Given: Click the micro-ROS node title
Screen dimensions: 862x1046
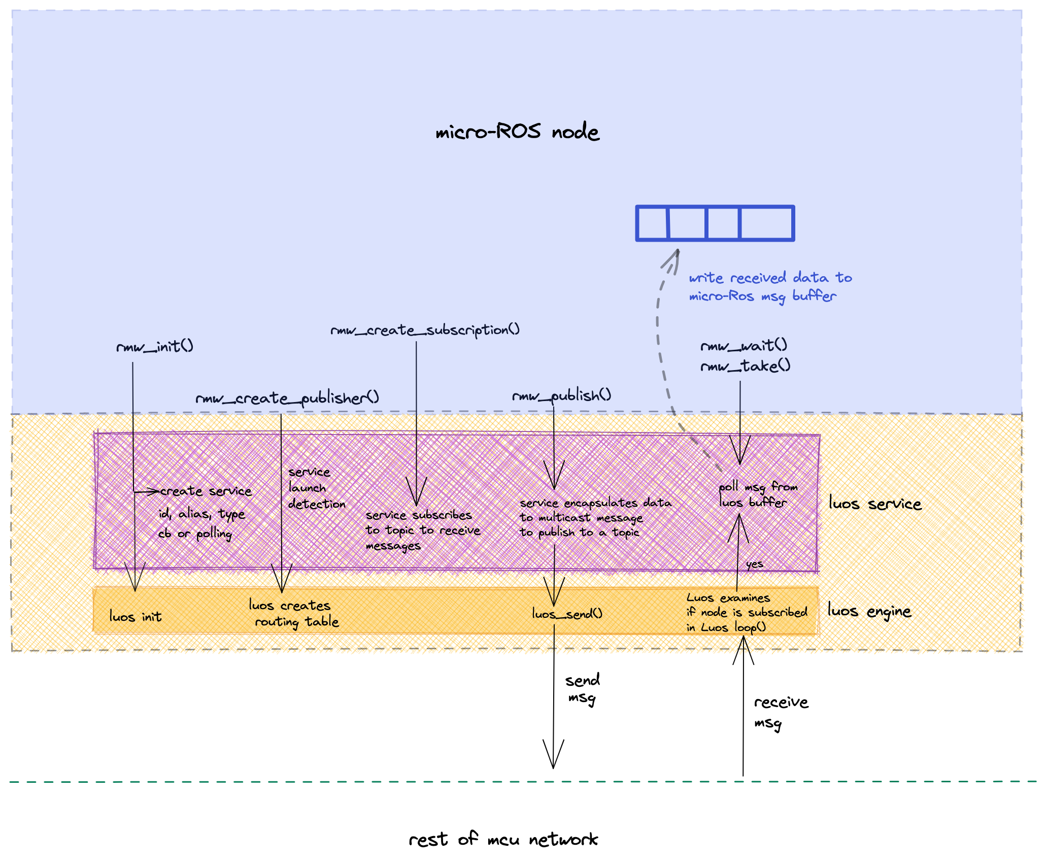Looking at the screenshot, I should (x=517, y=132).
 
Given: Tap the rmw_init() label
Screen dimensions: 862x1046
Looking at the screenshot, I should (x=155, y=347).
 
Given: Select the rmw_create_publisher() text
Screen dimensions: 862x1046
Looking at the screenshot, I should (x=287, y=398).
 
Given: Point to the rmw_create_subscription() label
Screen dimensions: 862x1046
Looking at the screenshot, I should (x=425, y=330).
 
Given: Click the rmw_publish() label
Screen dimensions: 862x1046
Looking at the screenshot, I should (x=561, y=395).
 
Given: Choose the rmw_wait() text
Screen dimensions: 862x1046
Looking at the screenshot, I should (x=744, y=346).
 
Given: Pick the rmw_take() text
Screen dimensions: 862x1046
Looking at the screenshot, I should (x=745, y=366).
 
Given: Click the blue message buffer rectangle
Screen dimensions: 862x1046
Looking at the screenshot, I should (x=715, y=223).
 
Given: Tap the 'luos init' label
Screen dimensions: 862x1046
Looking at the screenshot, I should (x=135, y=617).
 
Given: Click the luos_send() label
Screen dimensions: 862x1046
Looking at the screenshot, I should (x=567, y=614).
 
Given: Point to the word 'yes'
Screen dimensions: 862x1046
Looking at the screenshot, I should (x=754, y=564).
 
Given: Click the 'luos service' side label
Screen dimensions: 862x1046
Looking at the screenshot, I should (x=875, y=504).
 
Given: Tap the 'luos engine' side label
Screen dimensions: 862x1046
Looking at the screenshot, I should (x=869, y=611).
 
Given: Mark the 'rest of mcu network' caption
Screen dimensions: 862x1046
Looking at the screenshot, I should (x=503, y=839).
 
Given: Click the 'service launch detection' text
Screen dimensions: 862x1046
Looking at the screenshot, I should (x=316, y=488).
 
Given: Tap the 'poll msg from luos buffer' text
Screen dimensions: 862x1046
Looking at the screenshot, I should (x=757, y=494).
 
